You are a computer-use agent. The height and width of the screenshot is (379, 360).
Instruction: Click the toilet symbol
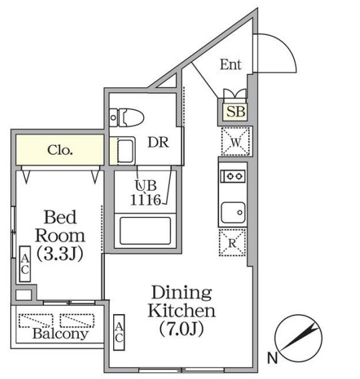click(x=126, y=117)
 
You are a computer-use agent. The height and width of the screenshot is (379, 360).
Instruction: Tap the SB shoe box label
click(x=236, y=112)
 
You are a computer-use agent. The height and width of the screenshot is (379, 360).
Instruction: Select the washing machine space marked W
click(x=236, y=141)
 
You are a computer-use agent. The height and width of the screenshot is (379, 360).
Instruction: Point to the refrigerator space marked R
click(x=232, y=242)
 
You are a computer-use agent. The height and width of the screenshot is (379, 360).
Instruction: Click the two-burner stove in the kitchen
click(x=233, y=176)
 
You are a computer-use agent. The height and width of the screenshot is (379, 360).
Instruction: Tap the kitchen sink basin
click(x=233, y=212)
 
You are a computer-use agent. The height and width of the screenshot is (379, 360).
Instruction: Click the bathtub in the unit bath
click(x=145, y=231)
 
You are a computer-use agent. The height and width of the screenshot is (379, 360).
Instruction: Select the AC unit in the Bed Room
click(x=25, y=264)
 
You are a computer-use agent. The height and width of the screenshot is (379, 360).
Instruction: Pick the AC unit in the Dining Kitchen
click(x=119, y=332)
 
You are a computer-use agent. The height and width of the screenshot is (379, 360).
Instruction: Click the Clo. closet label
click(x=60, y=150)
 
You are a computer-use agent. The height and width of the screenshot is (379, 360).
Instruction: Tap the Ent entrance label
click(x=231, y=64)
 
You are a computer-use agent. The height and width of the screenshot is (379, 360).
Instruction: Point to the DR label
click(x=159, y=142)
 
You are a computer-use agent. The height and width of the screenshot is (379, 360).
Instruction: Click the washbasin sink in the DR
click(x=126, y=151)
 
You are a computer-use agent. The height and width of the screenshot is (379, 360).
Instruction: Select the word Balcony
click(x=60, y=333)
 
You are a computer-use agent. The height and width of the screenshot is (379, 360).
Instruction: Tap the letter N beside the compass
click(x=272, y=358)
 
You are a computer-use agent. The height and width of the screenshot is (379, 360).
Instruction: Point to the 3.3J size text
click(x=60, y=254)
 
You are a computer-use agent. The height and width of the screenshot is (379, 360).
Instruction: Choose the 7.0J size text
click(x=181, y=329)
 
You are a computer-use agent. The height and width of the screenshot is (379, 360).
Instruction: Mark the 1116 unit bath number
click(x=146, y=200)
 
